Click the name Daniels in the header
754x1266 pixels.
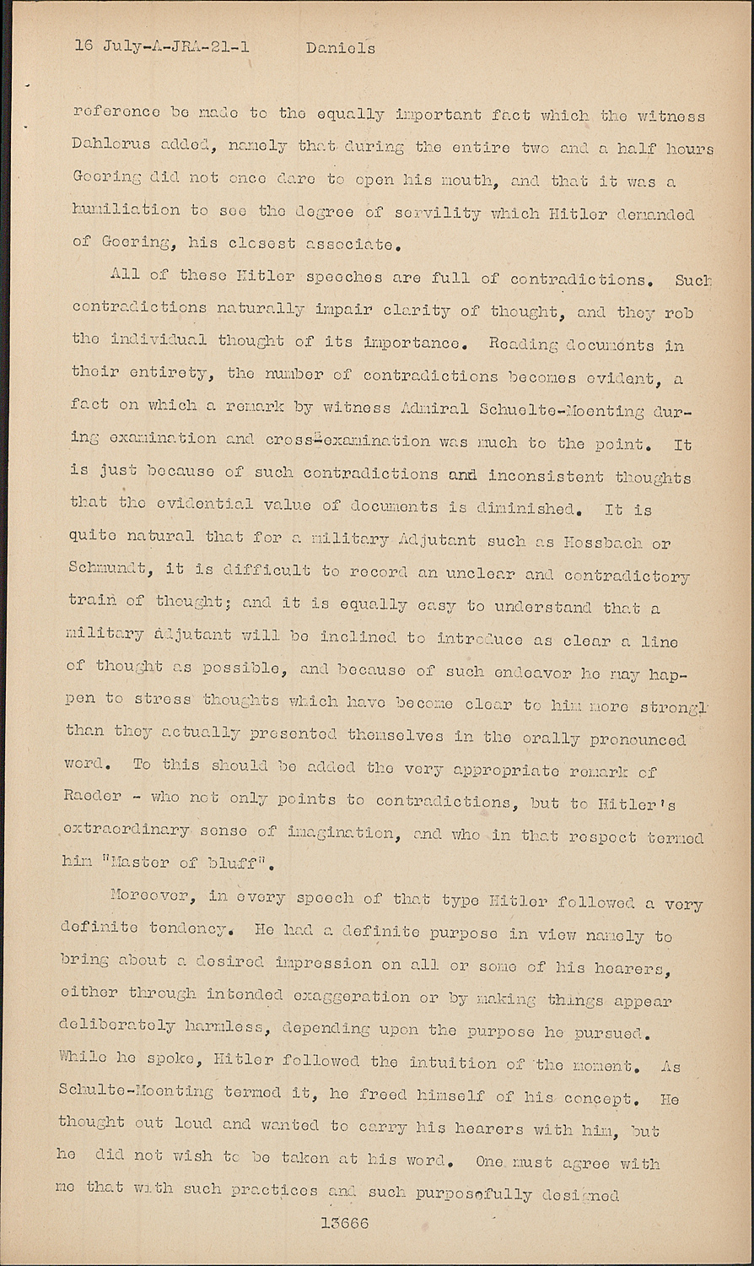coord(340,48)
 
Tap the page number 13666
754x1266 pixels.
coord(344,1223)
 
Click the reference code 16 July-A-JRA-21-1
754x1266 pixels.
coord(161,46)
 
